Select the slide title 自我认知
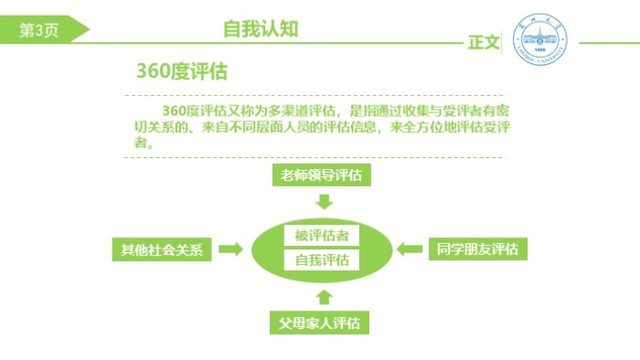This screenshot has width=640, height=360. point(261,28)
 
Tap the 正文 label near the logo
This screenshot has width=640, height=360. point(484,42)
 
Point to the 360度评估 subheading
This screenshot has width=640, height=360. point(182,72)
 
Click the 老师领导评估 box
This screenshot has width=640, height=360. point(324,175)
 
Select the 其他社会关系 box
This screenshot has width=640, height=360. point(162,249)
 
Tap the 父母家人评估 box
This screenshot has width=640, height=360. point(324,323)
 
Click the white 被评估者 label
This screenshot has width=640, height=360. point(322,236)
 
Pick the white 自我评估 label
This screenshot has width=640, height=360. point(322,260)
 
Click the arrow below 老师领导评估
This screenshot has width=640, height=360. point(324,202)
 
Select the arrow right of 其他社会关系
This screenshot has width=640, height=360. point(231,249)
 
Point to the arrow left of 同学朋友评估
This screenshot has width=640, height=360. point(409,249)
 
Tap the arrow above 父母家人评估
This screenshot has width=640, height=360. point(324,295)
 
